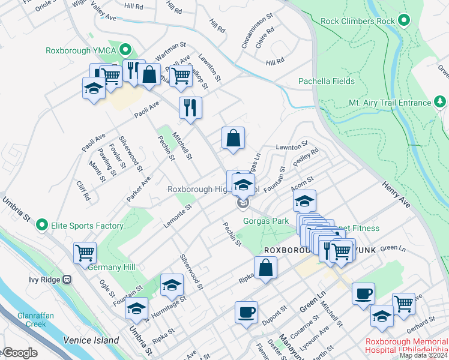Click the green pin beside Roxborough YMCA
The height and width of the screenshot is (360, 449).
125,50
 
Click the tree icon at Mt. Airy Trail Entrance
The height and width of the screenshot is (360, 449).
440,102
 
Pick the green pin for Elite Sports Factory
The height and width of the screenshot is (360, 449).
41,226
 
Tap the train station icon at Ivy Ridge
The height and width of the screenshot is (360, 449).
67,279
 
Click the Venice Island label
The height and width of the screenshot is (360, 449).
91,340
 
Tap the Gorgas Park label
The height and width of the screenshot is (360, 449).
266,221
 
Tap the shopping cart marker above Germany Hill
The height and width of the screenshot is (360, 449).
85,252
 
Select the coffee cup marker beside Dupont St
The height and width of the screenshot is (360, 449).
246,312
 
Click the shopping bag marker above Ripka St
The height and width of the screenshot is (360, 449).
265,268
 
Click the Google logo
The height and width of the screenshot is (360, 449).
20,353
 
